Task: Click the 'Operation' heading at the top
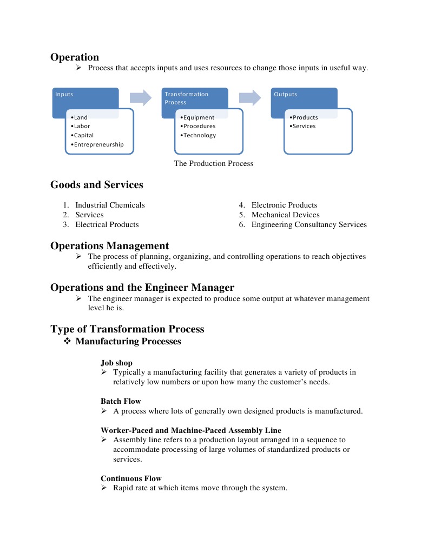click(75, 57)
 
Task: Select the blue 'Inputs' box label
click(64, 94)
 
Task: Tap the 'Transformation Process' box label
click(186, 98)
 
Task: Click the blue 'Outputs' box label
click(285, 94)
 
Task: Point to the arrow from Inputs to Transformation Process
click(141, 98)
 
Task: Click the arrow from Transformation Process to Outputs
click(250, 98)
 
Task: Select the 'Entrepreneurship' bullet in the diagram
click(98, 144)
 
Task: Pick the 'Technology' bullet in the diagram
click(199, 135)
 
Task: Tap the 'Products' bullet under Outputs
click(305, 117)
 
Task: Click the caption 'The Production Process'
click(213, 163)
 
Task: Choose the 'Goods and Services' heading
click(97, 185)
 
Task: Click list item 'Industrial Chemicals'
click(110, 205)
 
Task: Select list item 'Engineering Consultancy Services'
click(308, 224)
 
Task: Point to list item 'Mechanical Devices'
click(285, 215)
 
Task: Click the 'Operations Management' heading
click(110, 246)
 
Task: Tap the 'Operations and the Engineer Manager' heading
click(142, 287)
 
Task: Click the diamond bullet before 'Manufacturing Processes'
click(68, 342)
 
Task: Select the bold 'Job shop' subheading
click(116, 363)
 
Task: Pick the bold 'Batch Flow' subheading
click(121, 401)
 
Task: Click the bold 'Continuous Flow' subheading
click(131, 478)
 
